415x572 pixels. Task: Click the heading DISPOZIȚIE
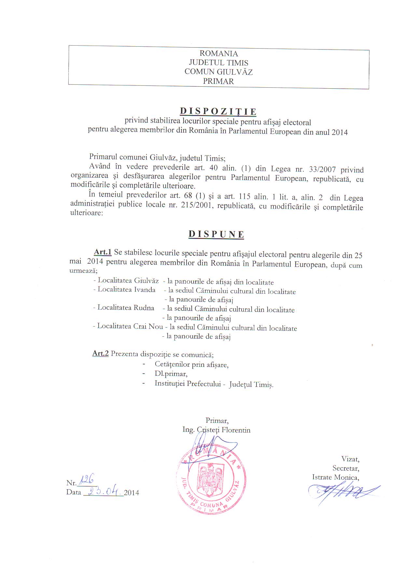point(218,111)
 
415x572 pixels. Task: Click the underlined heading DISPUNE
point(216,234)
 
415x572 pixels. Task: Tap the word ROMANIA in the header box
point(218,53)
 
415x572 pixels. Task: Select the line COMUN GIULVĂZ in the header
point(218,72)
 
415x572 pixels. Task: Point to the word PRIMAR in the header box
point(218,81)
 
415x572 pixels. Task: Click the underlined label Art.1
point(103,252)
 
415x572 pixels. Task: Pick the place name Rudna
point(144,308)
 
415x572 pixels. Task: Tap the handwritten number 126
point(86,479)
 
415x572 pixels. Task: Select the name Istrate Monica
point(335,477)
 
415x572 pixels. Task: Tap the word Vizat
point(350,459)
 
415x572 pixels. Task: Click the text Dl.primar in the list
point(171,374)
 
